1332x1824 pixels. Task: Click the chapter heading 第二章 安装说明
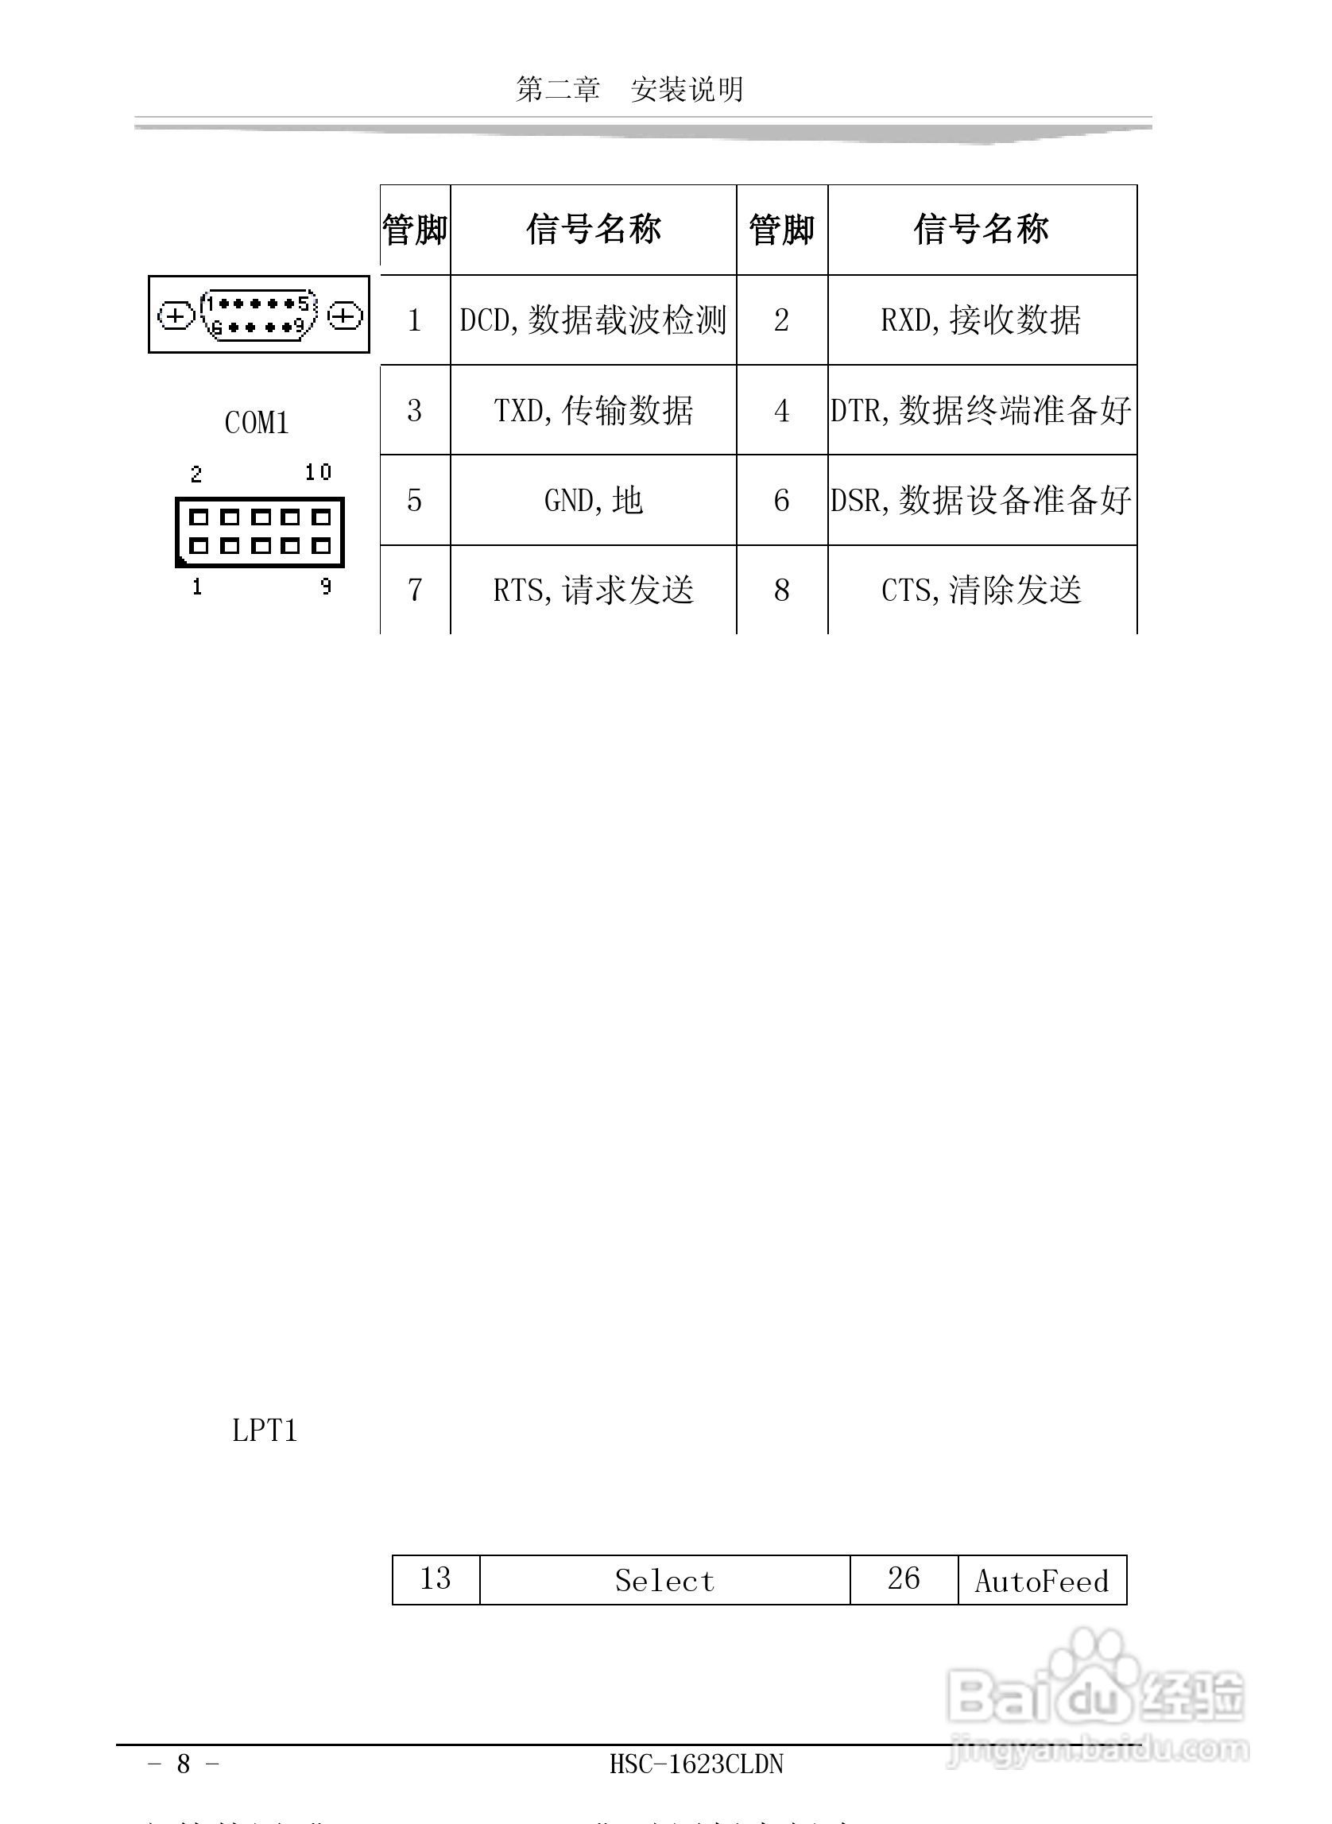click(x=629, y=89)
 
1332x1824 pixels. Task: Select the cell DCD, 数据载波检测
click(x=594, y=320)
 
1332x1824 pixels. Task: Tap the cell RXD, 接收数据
click(x=981, y=320)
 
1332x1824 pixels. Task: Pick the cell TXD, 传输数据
click(x=594, y=410)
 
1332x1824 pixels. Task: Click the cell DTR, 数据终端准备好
click(x=981, y=410)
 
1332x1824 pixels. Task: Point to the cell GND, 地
click(x=594, y=501)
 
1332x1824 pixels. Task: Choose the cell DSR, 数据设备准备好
click(x=981, y=501)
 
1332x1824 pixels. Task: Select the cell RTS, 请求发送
click(x=594, y=591)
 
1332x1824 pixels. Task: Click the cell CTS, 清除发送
click(x=981, y=591)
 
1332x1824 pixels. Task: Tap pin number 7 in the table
click(x=414, y=591)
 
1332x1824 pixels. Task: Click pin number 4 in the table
click(x=781, y=410)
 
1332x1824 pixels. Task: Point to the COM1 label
click(x=257, y=423)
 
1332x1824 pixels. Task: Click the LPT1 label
click(x=265, y=1431)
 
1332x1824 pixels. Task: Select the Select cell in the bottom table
click(x=664, y=1581)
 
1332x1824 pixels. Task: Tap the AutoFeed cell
click(x=1042, y=1581)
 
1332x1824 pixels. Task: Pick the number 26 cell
click(x=903, y=1579)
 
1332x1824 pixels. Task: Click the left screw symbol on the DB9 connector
click(x=175, y=316)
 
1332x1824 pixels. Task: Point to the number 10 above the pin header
click(x=318, y=472)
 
